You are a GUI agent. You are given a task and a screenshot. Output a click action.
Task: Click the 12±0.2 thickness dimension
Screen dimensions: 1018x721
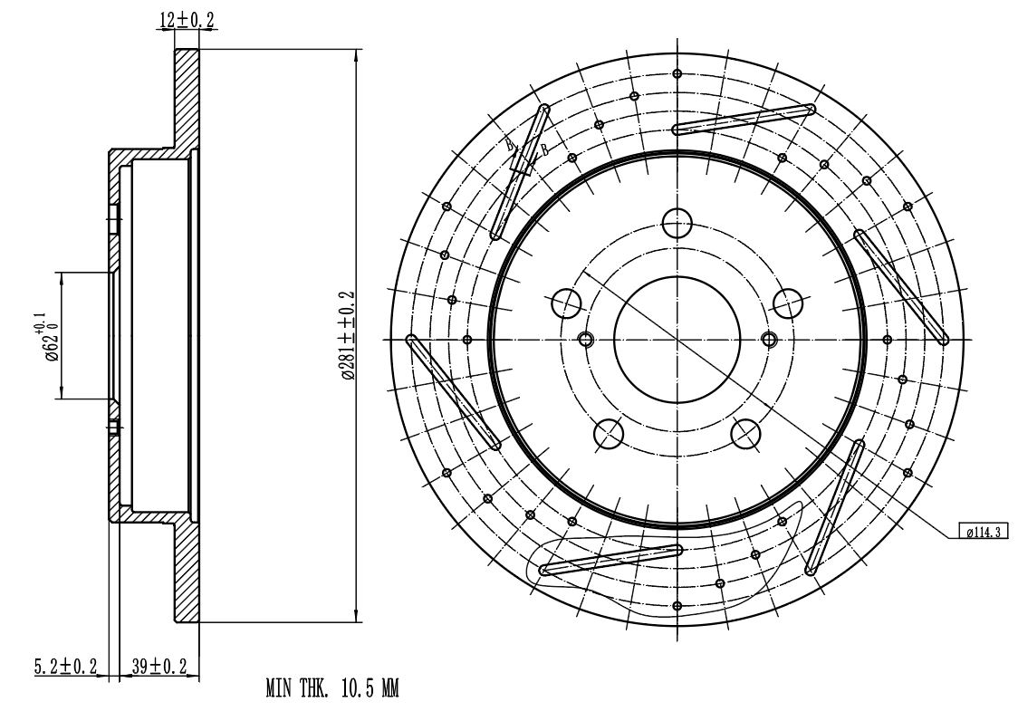(187, 20)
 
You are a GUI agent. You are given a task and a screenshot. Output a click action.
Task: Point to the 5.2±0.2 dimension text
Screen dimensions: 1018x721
(65, 666)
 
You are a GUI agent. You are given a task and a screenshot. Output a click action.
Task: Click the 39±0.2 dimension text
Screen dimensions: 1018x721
(159, 666)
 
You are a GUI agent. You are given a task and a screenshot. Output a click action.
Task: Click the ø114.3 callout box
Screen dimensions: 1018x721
(984, 532)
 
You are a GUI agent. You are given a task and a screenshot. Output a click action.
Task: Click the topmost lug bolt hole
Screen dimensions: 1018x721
(677, 223)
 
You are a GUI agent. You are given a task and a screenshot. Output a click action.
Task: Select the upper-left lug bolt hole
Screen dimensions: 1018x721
(566, 303)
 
